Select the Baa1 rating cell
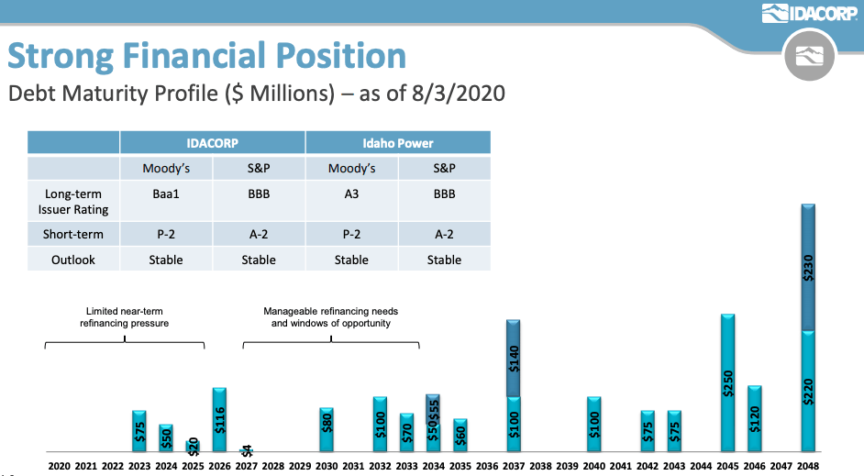click(166, 194)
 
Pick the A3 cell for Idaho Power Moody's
click(351, 194)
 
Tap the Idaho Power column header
click(397, 143)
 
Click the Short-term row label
click(73, 235)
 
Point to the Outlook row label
click(73, 260)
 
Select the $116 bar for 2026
click(219, 419)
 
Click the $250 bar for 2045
click(728, 382)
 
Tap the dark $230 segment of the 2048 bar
click(808, 267)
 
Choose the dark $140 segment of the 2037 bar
click(514, 359)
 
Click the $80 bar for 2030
click(327, 429)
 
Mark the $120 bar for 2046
click(755, 418)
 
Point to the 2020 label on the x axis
click(59, 466)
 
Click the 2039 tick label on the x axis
click(568, 466)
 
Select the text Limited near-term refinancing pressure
click(125, 317)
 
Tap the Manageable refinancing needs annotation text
click(330, 317)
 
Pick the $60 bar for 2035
click(460, 435)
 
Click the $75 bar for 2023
click(139, 431)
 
